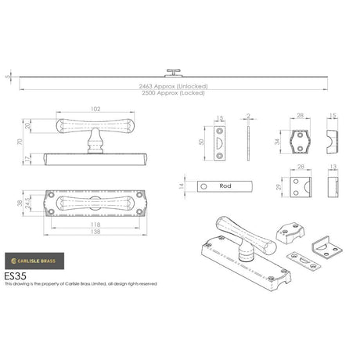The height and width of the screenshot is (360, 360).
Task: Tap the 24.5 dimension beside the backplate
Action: point(29,207)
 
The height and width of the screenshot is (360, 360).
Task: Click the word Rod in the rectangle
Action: point(225,186)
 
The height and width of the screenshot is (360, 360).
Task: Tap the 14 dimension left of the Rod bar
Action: point(182,187)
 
